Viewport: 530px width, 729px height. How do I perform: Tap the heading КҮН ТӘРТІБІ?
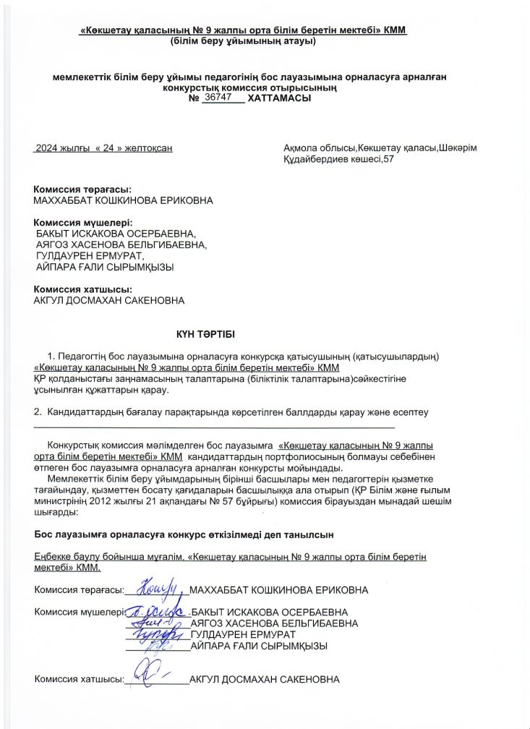pyautogui.click(x=206, y=334)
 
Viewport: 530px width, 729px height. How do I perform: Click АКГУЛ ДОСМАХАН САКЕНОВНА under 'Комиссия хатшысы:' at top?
pyautogui.click(x=109, y=300)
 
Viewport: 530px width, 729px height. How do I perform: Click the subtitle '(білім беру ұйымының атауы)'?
pyautogui.click(x=244, y=42)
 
